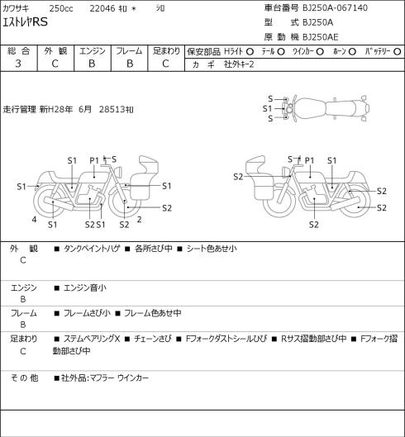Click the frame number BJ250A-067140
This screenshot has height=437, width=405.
335,7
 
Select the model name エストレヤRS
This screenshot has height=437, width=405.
25,21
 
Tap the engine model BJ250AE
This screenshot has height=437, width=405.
321,37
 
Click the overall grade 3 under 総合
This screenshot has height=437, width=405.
18,64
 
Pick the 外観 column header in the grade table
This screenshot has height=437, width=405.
55,51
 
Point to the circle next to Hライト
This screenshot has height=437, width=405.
250,51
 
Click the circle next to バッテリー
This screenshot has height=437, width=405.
398,51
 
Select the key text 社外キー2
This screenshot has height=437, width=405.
239,64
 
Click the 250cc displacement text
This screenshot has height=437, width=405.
61,8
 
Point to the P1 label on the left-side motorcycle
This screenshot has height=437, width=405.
94,160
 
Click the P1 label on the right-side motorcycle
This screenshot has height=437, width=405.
309,160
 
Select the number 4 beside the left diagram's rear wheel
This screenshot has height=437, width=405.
34,220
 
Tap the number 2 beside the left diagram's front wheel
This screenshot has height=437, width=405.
139,220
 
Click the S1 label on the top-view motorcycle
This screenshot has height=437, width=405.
267,108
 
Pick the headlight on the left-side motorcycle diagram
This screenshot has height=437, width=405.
118,171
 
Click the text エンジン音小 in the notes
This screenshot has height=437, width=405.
85,287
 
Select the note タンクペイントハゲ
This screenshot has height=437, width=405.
92,249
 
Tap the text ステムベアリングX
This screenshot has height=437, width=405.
92,339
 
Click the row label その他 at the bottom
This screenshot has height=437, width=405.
24,378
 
